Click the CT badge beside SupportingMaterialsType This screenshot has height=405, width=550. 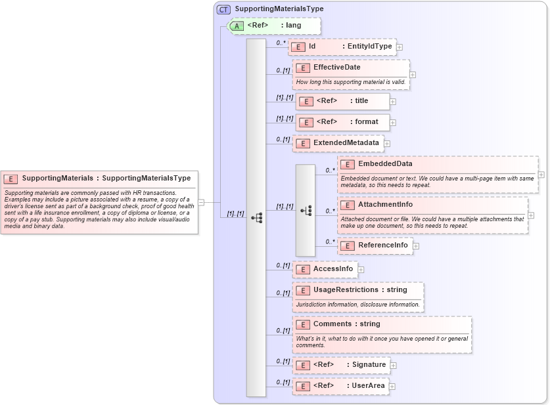pyautogui.click(x=223, y=9)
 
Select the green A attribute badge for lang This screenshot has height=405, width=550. pyautogui.click(x=237, y=26)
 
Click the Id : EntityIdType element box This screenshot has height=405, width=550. pyautogui.click(x=342, y=47)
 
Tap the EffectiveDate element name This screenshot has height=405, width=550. pyautogui.click(x=336, y=67)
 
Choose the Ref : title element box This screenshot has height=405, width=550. pyautogui.click(x=342, y=101)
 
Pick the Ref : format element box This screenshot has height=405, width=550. pyautogui.click(x=342, y=122)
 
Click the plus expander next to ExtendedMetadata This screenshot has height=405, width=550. pyautogui.click(x=387, y=143)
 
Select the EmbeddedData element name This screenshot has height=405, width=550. pyautogui.click(x=385, y=163)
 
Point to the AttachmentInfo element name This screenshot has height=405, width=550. pyautogui.click(x=385, y=205)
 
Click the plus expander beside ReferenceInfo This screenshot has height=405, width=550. pyautogui.click(x=416, y=246)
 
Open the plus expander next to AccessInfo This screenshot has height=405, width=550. pyautogui.click(x=361, y=269)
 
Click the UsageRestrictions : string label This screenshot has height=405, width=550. pyautogui.click(x=359, y=289)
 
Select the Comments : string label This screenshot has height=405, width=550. pyautogui.click(x=346, y=324)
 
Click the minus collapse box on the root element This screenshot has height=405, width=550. pyautogui.click(x=201, y=203)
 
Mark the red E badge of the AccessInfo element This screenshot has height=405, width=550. pyautogui.click(x=303, y=269)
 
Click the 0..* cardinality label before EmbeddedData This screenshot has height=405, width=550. pyautogui.click(x=330, y=171)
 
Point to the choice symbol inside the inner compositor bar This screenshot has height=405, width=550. pyautogui.click(x=306, y=210)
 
